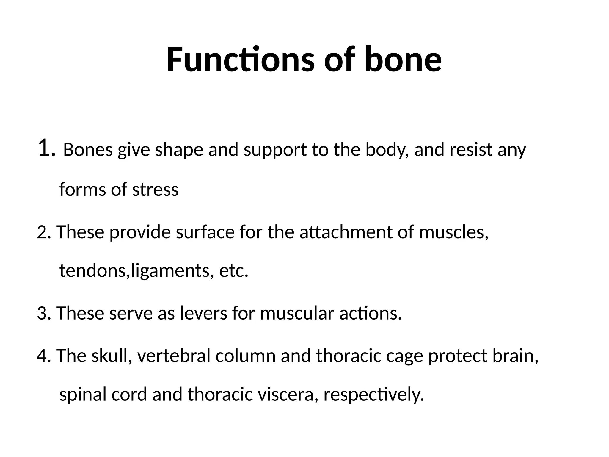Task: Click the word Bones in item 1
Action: [x=88, y=150]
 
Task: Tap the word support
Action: [x=275, y=150]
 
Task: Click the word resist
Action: [x=471, y=150]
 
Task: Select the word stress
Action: [x=155, y=190]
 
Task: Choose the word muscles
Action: [x=453, y=232]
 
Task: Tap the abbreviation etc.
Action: [x=233, y=271]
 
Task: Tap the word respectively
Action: [x=373, y=395]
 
